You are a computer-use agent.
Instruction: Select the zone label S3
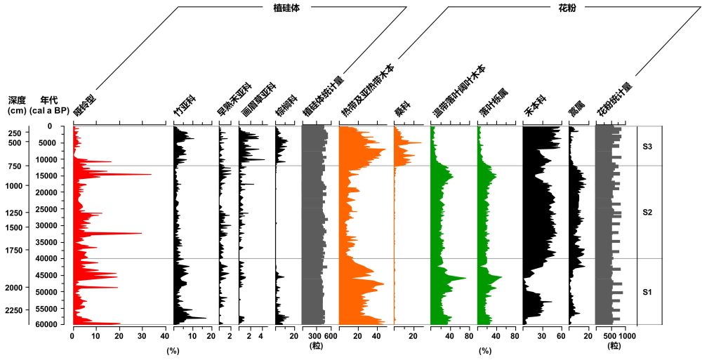click(x=648, y=147)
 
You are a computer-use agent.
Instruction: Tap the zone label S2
click(x=648, y=213)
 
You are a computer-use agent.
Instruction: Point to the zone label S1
click(x=648, y=292)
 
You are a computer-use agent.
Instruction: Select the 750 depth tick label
click(x=16, y=166)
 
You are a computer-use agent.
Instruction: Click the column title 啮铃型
click(x=85, y=105)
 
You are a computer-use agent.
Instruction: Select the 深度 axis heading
click(x=18, y=100)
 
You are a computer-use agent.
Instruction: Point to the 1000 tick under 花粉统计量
click(x=627, y=336)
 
